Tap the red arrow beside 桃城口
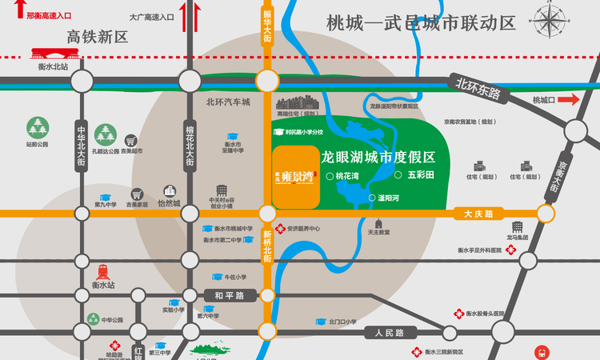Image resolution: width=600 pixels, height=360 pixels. coord(570,99)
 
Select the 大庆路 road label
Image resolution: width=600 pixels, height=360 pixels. coord(478,214)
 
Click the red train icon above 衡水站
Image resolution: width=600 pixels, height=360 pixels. coord(103,271)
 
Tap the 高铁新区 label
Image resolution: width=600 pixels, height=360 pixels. coord(98,37)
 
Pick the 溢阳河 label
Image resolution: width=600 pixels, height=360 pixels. coord(389,197)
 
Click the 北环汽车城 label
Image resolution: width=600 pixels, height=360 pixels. coord(228,102)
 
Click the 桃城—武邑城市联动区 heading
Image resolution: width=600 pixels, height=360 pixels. coord(421,23)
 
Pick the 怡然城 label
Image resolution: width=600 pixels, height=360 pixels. coord(170,203)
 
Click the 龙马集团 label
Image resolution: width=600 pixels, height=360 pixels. coord(518,238)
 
